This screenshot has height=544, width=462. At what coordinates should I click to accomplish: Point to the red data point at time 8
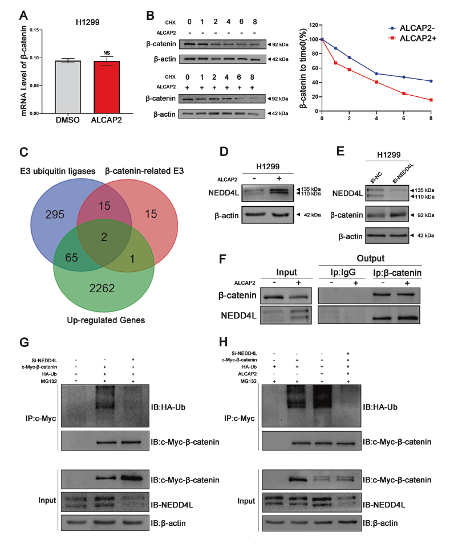(431, 100)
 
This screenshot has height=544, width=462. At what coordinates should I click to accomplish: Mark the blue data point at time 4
(376, 73)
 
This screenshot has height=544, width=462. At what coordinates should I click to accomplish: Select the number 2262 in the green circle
(102, 289)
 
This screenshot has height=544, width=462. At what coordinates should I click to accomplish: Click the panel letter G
(23, 343)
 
